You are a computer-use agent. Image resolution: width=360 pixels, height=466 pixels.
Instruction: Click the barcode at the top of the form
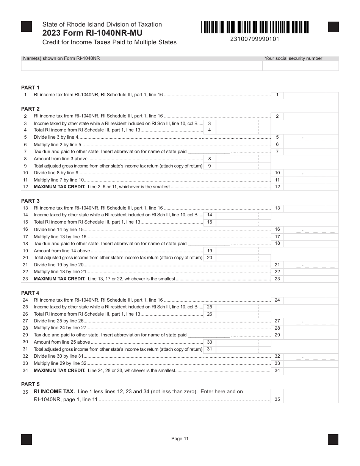pyautogui.click(x=255, y=27)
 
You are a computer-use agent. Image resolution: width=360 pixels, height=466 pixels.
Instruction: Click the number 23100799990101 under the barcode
pyautogui.click(x=255, y=39)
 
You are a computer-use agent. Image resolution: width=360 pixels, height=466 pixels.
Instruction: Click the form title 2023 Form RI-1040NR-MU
pyautogui.click(x=92, y=33)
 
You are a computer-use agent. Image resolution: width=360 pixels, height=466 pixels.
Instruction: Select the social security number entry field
pyautogui.click(x=301, y=66)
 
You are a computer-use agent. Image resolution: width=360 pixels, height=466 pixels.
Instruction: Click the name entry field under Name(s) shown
pyautogui.click(x=141, y=66)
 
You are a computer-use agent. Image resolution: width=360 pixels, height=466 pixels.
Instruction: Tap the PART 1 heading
pyautogui.click(x=30, y=88)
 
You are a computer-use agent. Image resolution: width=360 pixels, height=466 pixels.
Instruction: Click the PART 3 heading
pyautogui.click(x=30, y=201)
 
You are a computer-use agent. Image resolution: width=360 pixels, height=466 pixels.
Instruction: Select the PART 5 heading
pyautogui.click(x=30, y=384)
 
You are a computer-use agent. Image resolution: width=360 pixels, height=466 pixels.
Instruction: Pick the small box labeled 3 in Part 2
pyautogui.click(x=210, y=123)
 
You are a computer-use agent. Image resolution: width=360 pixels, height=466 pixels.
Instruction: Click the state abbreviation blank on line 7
pyautogui.click(x=209, y=152)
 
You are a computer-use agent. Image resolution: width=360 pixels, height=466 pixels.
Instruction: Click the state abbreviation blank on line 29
pyautogui.click(x=209, y=335)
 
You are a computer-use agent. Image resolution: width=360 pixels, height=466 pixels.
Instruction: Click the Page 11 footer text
pyautogui.click(x=180, y=439)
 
